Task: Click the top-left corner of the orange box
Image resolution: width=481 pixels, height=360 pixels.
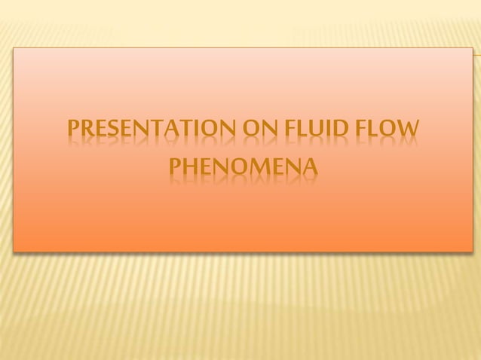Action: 14,47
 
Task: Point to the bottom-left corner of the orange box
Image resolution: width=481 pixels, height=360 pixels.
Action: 14,251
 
